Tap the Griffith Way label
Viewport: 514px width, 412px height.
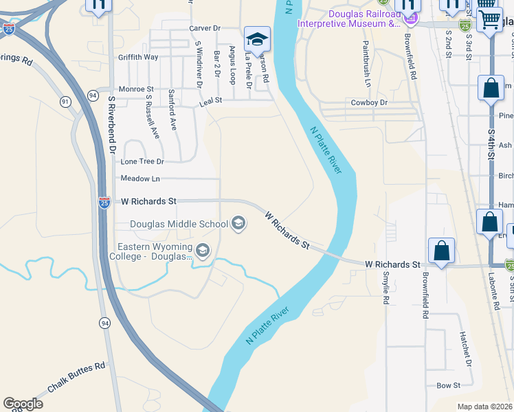(x=138, y=57)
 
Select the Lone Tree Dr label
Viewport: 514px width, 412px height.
(x=142, y=161)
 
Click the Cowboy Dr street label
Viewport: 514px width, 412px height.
(x=370, y=102)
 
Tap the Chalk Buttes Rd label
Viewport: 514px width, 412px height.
(x=76, y=377)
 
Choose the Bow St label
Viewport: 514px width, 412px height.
(x=448, y=386)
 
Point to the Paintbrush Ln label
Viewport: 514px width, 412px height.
(x=367, y=62)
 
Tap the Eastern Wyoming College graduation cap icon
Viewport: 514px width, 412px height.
(x=203, y=251)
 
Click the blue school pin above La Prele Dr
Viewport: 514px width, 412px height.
(x=258, y=39)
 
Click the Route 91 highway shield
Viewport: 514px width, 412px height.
(x=65, y=102)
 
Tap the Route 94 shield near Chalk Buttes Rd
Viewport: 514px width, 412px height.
(x=104, y=323)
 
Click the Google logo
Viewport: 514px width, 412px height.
(x=23, y=404)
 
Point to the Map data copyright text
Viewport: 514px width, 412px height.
(x=484, y=407)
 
